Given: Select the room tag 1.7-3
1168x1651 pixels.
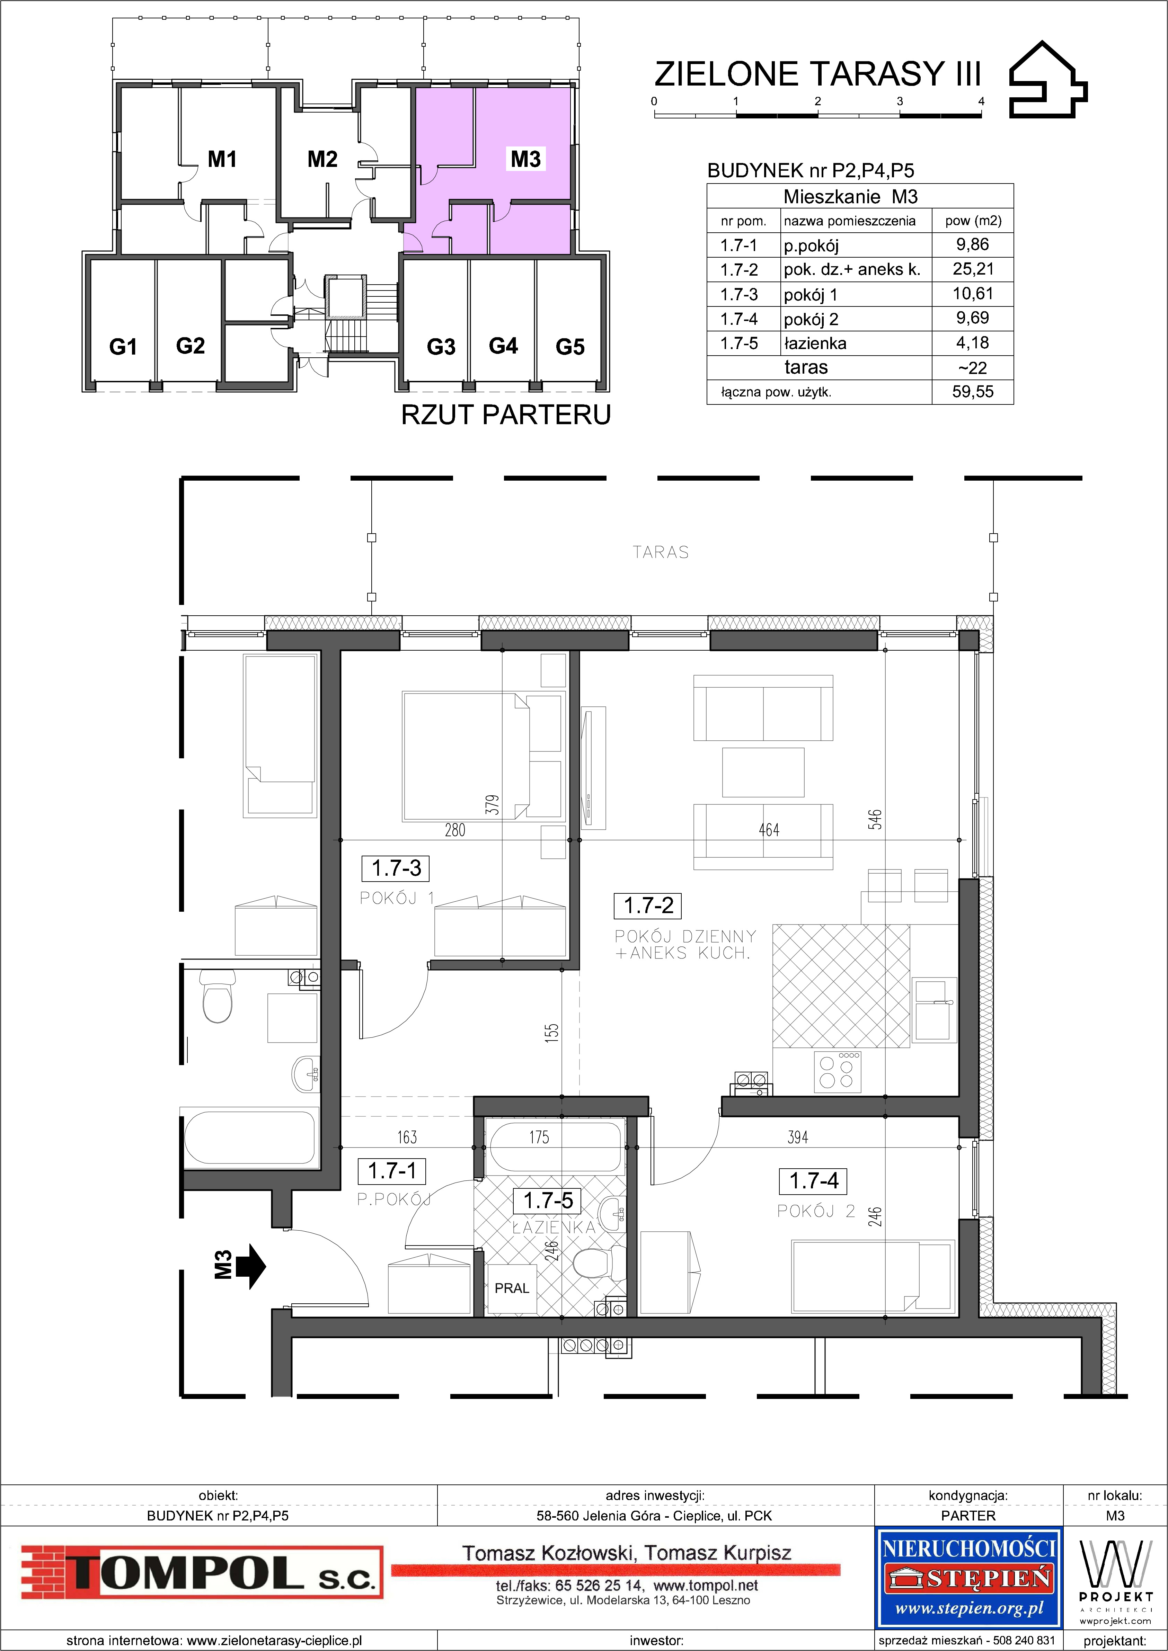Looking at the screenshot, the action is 396,868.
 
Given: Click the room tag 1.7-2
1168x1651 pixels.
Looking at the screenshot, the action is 648,905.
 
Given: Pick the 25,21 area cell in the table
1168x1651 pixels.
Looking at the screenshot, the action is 972,269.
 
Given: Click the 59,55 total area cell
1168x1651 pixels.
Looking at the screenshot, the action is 972,392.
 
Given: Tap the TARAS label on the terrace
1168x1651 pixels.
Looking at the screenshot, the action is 660,552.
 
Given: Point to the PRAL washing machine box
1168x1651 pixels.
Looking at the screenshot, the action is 511,1288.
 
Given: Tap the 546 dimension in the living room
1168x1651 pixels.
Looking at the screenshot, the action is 875,820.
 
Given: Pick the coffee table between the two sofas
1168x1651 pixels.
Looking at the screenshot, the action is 762,771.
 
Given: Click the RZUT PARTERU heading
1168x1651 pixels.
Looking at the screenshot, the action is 506,415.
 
